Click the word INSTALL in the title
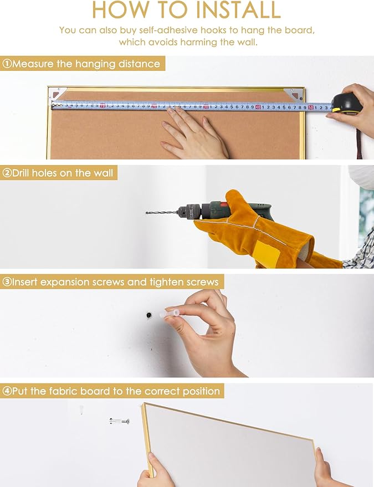point(239,9)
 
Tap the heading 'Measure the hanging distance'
point(86,64)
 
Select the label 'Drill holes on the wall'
point(63,173)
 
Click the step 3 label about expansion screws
point(115,282)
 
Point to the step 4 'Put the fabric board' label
point(116,391)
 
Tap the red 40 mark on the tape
point(258,107)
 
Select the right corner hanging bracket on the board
point(293,94)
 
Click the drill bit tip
point(146,213)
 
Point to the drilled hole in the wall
point(149,315)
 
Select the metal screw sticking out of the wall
point(120,422)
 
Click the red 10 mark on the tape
point(103,106)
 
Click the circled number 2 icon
point(7,173)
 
